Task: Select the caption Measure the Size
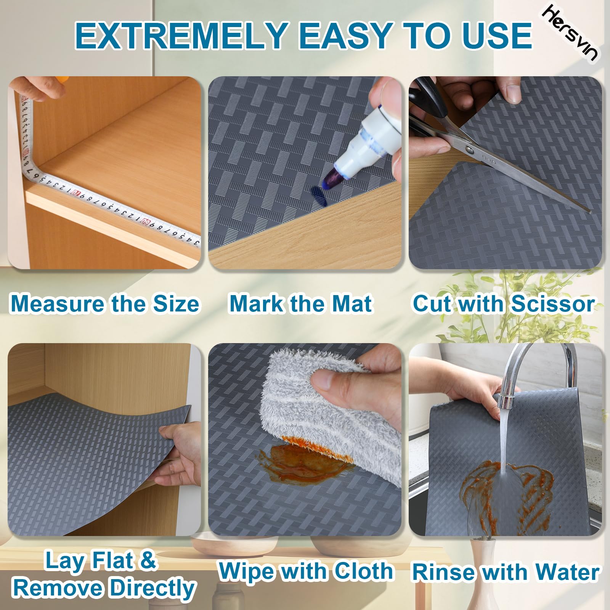click(x=105, y=304)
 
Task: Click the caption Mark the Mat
click(x=301, y=304)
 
